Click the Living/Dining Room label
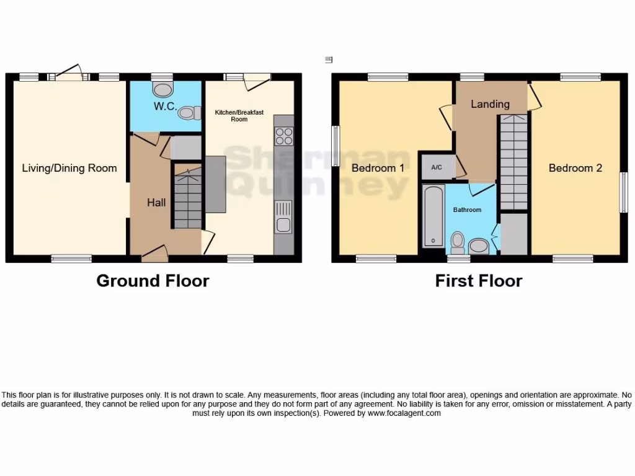(x=69, y=168)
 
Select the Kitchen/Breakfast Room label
(x=239, y=115)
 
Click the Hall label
(x=156, y=202)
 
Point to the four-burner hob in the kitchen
(x=284, y=135)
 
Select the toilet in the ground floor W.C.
(x=187, y=113)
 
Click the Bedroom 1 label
(x=378, y=168)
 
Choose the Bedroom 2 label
(x=575, y=168)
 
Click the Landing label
(x=490, y=104)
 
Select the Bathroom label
(x=467, y=209)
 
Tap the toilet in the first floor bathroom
(x=458, y=242)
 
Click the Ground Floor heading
(x=153, y=281)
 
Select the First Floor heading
(x=478, y=281)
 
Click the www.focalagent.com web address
(x=404, y=413)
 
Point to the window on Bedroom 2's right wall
(x=624, y=192)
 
